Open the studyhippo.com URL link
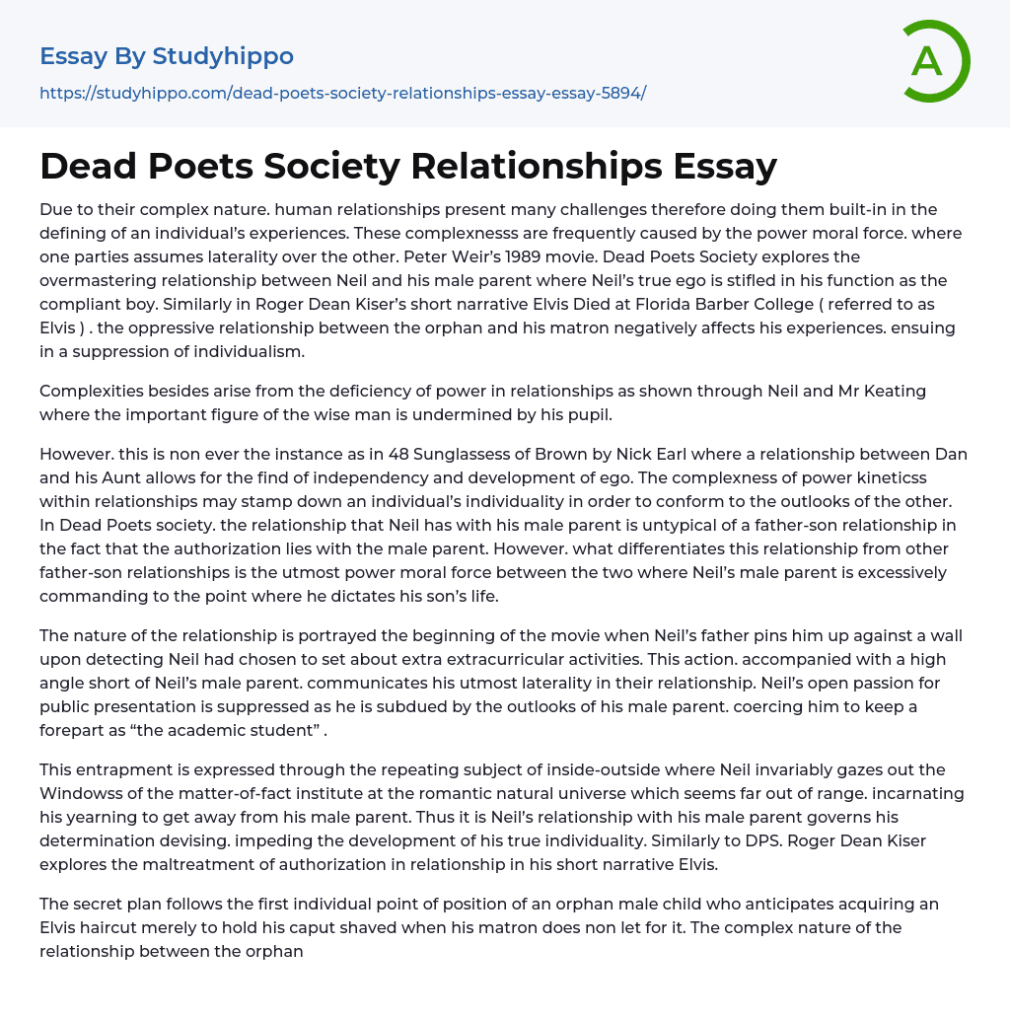tap(342, 93)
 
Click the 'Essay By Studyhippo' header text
tap(167, 56)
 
